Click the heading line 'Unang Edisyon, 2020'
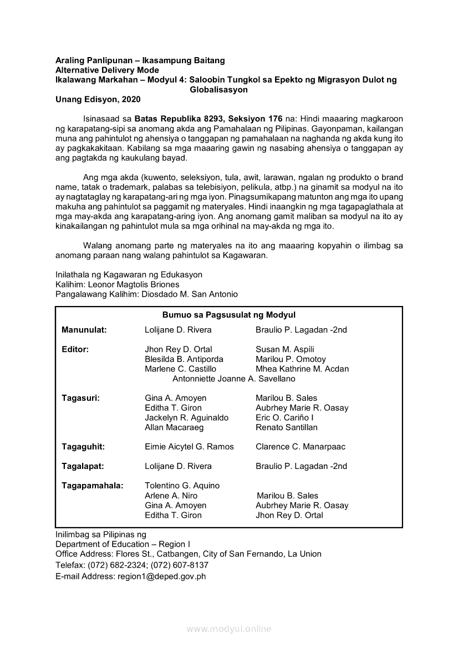pos(98,100)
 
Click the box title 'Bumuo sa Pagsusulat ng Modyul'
pos(229,315)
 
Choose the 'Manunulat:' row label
pos(84,330)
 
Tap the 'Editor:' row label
pos(75,349)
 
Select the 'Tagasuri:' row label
pos(81,398)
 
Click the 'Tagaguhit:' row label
pos(83,447)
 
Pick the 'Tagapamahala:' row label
pos(93,486)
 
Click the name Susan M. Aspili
pos(285,349)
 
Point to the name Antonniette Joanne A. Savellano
pos(234,379)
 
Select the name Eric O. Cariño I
pos(284,417)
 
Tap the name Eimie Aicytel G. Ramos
pos(189,447)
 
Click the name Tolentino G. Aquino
pos(182,486)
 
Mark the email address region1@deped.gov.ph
pos(161,576)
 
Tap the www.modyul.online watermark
pos(229,629)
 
